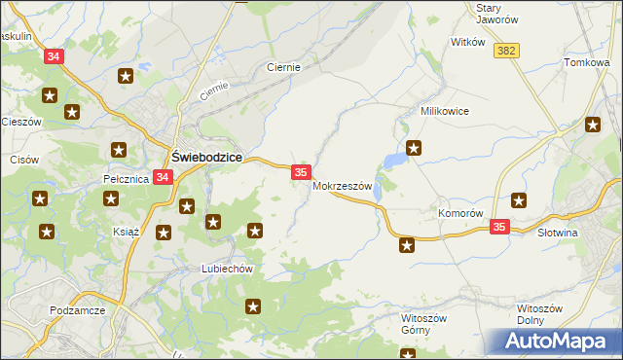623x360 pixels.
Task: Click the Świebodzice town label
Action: tap(206, 156)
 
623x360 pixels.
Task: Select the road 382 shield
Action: tap(505, 51)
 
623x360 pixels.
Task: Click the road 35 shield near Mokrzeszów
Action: tap(301, 171)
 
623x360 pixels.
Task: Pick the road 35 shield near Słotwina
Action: tap(499, 226)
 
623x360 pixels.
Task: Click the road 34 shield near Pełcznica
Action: tap(163, 178)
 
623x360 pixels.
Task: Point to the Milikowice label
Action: tap(444, 111)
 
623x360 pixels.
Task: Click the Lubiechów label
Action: tap(227, 269)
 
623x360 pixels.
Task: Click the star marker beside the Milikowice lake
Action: tap(414, 148)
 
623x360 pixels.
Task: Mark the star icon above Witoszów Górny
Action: tap(407, 245)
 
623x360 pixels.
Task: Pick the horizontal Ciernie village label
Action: tap(283, 68)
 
